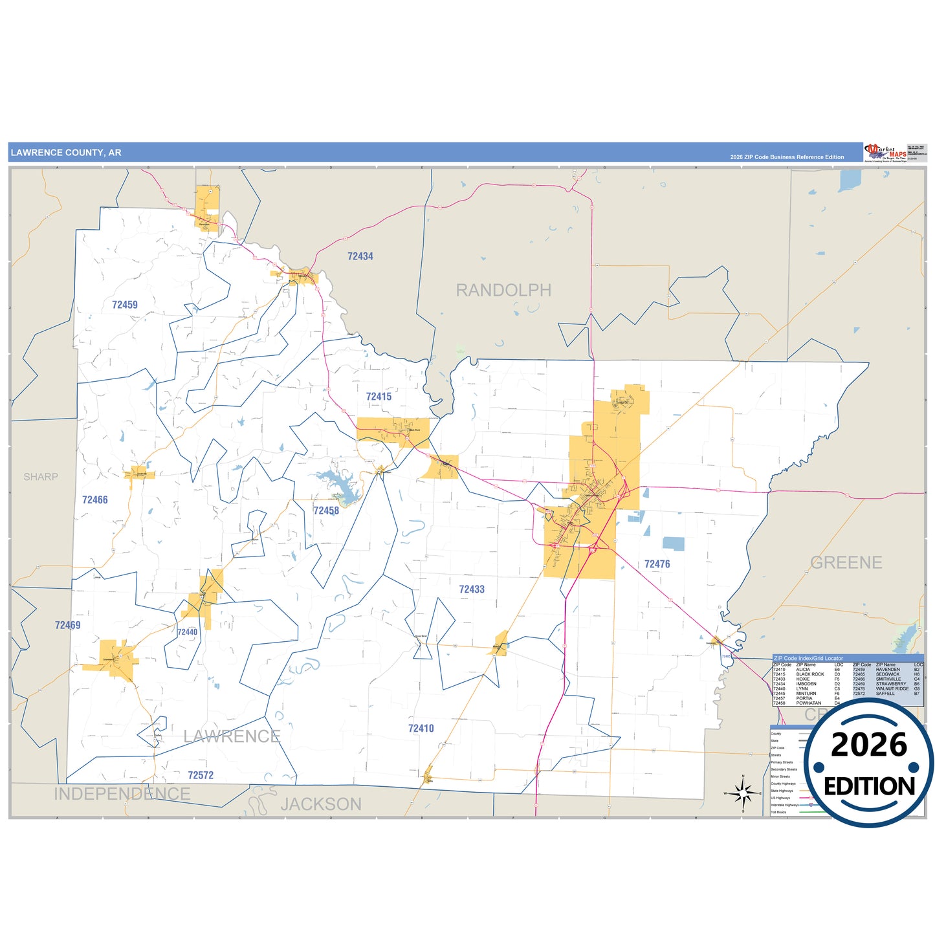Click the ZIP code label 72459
point(124,305)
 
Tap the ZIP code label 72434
point(360,256)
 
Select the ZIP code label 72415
point(379,397)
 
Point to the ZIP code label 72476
point(657,564)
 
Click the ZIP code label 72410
point(421,729)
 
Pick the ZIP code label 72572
point(201,775)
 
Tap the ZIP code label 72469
point(67,625)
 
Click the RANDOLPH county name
point(503,291)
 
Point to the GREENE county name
point(846,563)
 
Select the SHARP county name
point(41,477)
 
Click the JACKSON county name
point(321,804)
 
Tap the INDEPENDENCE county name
point(122,794)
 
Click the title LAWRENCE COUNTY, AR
point(66,153)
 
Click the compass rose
point(743,793)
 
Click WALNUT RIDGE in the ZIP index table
point(892,688)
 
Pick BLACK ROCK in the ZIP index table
point(809,674)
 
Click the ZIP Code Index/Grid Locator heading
point(808,658)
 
